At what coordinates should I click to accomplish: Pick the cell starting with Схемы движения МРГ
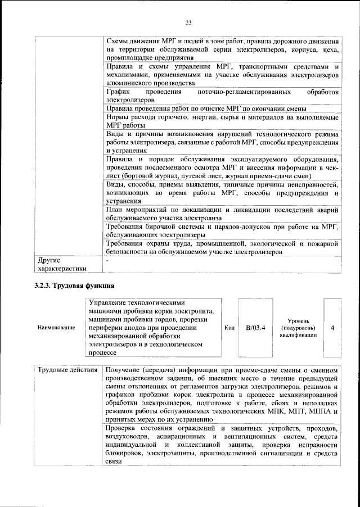[x=222, y=50]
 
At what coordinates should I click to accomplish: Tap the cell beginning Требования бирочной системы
[x=222, y=230]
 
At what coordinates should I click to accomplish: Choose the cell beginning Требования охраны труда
[x=222, y=248]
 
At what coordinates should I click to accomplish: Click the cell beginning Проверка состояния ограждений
[x=222, y=445]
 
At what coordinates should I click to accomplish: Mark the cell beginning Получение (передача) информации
[x=222, y=395]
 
